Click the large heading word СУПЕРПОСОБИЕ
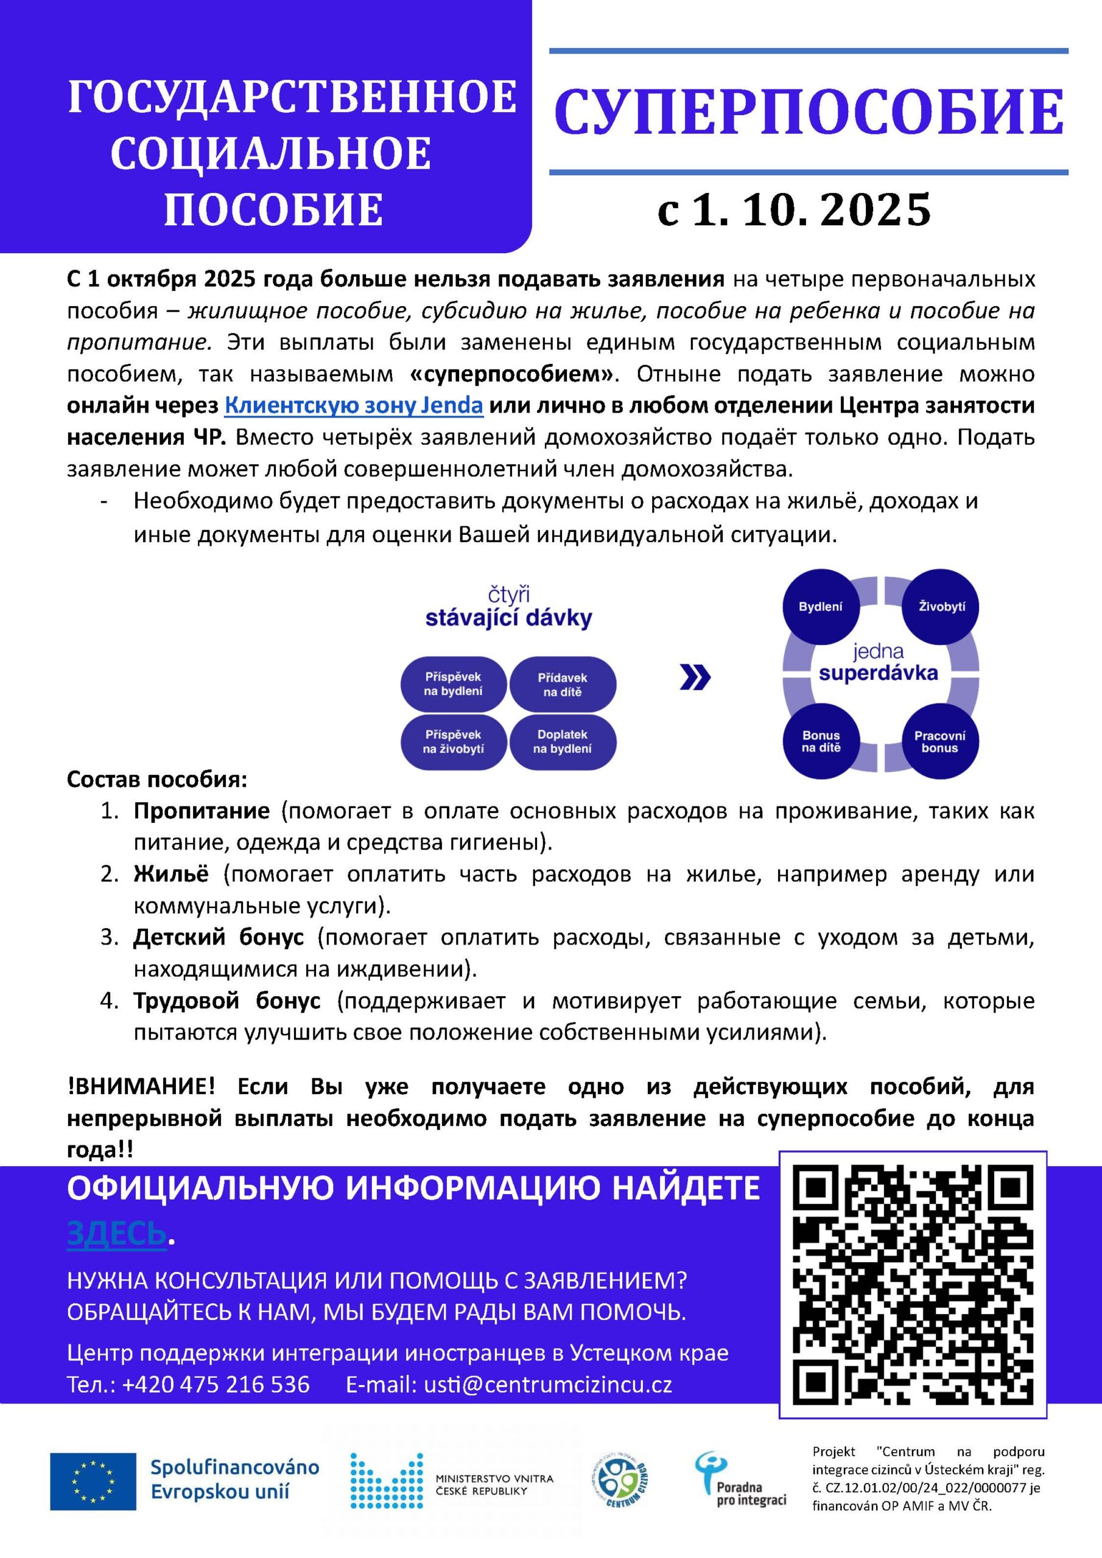809,112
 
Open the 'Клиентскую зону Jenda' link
354,405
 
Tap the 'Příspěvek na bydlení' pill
453,684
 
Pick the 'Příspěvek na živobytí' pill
453,742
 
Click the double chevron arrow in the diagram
695,677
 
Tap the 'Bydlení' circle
820,607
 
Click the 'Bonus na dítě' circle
821,741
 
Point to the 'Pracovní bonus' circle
939,741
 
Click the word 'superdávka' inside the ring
878,673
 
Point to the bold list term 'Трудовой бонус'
226,1001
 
